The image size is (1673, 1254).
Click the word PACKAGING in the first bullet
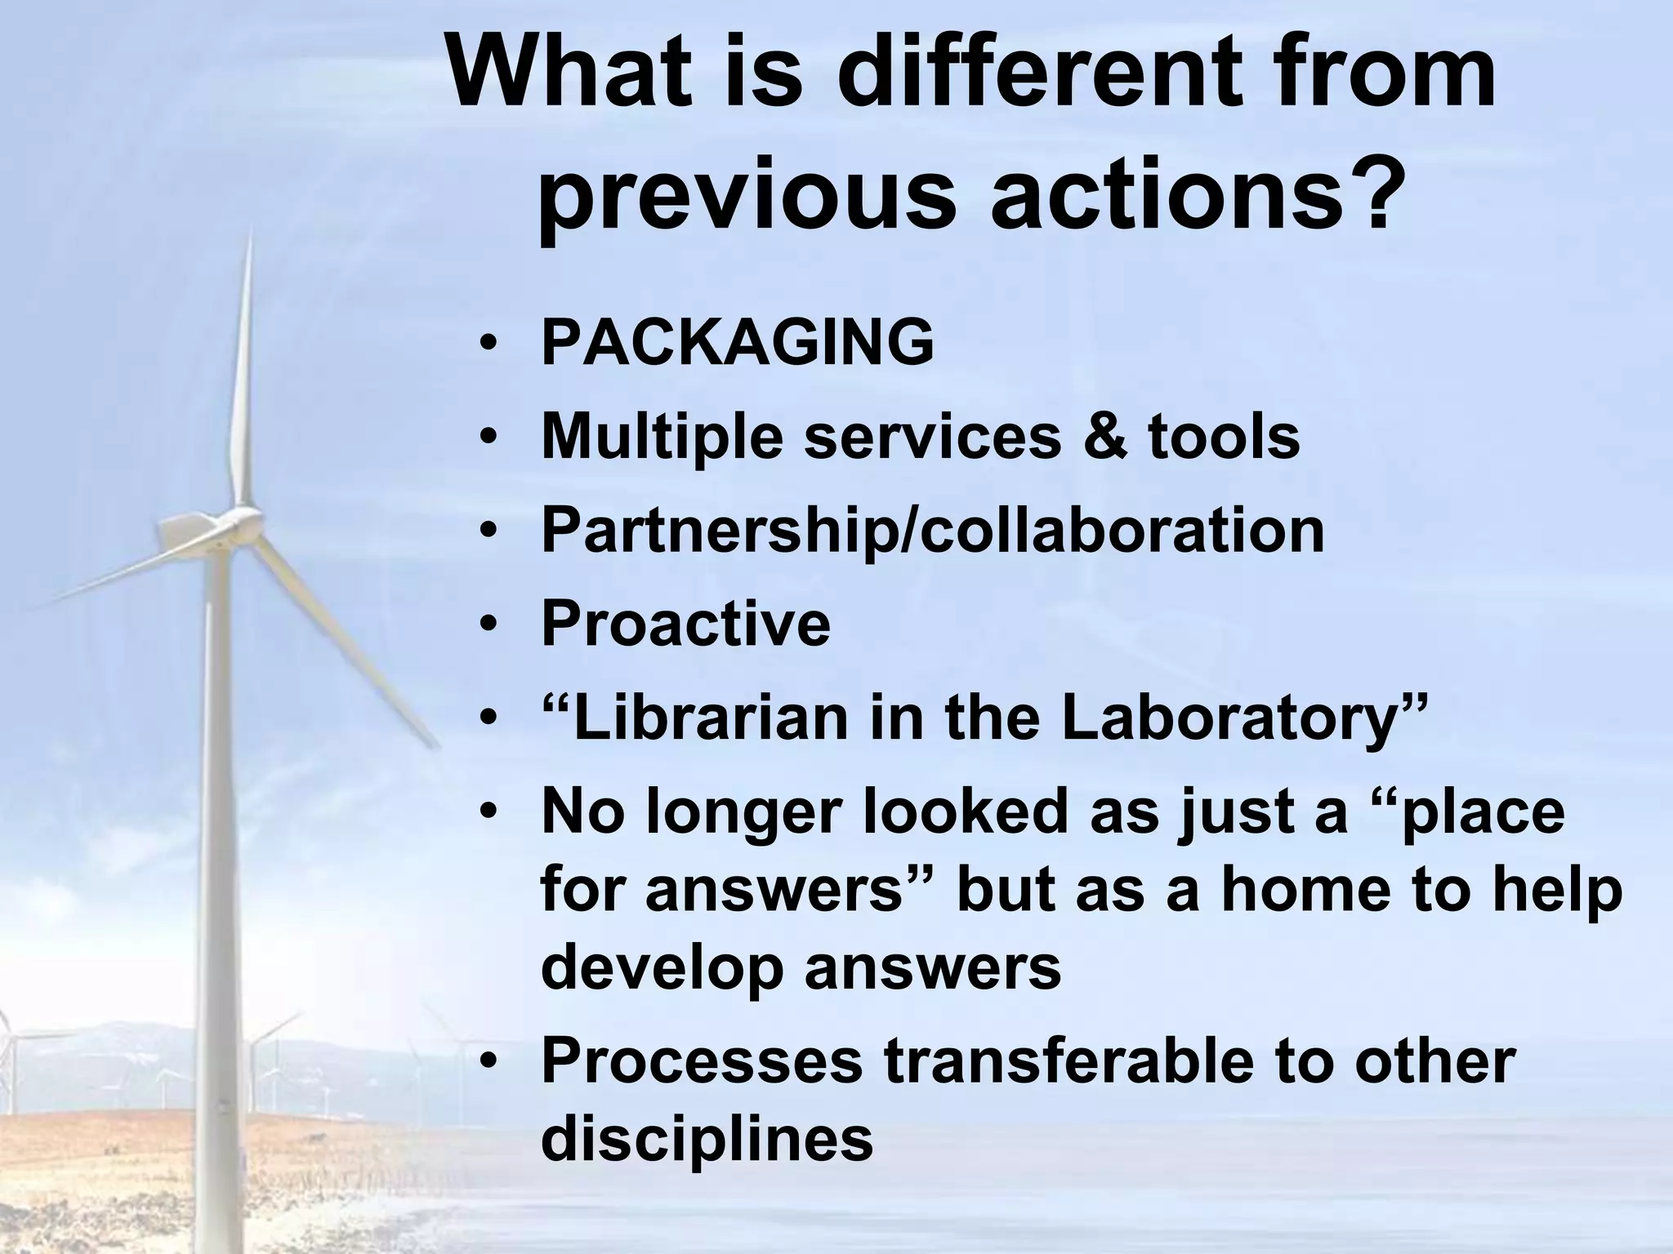(737, 342)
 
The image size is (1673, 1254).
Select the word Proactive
(685, 624)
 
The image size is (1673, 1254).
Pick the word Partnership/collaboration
(932, 531)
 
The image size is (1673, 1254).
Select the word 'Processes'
(702, 1061)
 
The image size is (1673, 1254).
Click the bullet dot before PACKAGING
(488, 344)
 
